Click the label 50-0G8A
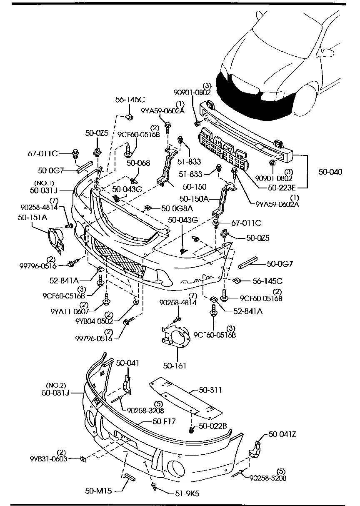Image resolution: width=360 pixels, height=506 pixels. (177, 208)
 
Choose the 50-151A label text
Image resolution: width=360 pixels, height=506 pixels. (32, 217)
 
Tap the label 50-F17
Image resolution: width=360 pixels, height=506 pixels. (164, 421)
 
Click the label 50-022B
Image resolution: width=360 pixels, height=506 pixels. (212, 426)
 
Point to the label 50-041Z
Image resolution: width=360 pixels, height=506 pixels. (282, 434)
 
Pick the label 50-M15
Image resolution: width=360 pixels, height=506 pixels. (98, 491)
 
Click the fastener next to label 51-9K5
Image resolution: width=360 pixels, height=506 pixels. (154, 486)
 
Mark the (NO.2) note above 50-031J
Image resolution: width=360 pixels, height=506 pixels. (56, 385)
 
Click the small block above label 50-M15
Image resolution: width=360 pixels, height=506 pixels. (128, 476)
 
